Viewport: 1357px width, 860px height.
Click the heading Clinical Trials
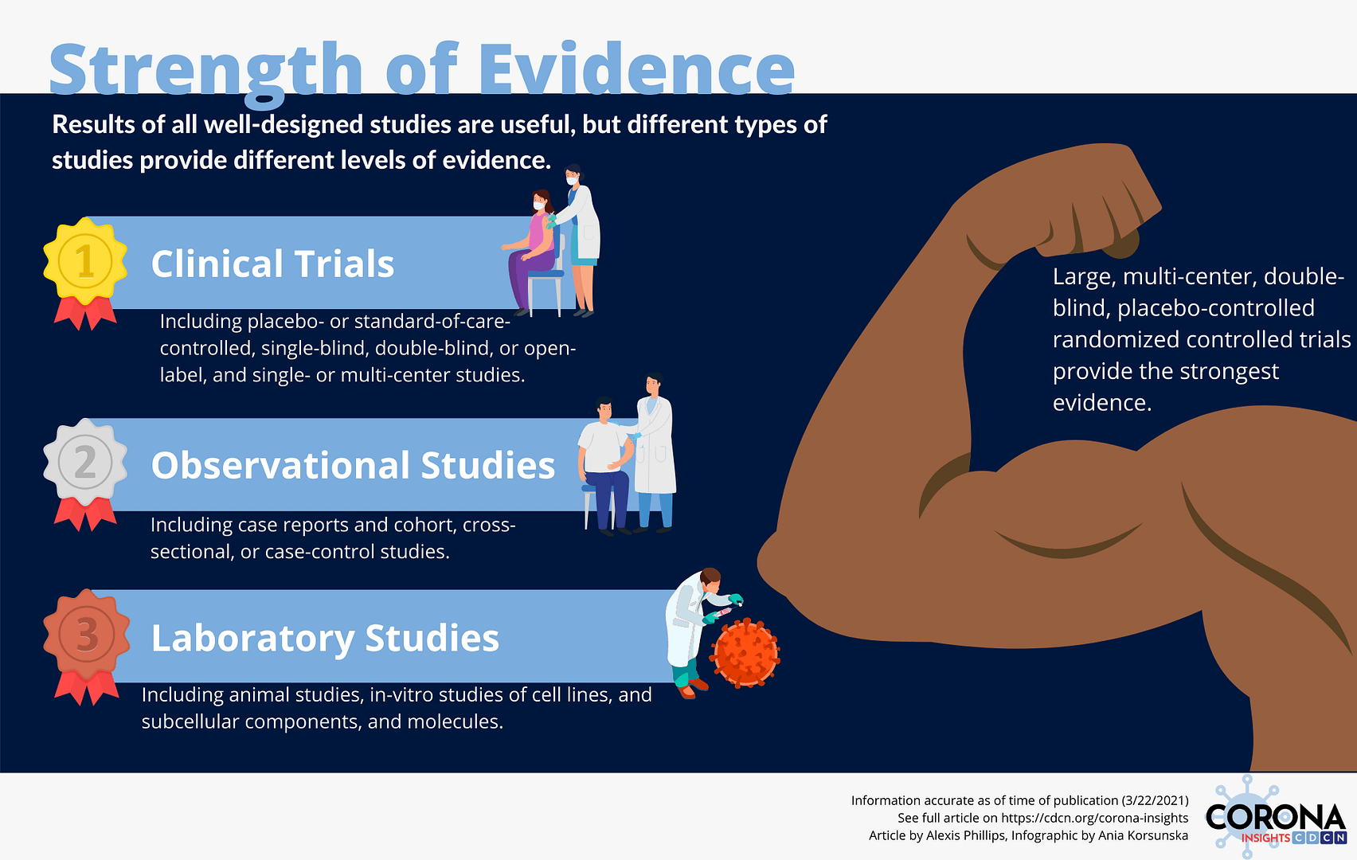point(272,264)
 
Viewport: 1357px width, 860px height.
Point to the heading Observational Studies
point(353,465)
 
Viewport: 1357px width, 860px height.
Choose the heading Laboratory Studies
point(325,639)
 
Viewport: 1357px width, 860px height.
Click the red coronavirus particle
point(745,653)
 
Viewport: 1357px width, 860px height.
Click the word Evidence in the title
point(636,69)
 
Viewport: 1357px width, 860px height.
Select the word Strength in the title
point(206,72)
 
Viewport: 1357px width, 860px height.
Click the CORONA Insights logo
point(1276,818)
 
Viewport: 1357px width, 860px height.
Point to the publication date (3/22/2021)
point(1155,800)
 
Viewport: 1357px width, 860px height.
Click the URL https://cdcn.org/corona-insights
point(1094,819)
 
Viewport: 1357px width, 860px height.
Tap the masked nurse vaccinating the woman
point(578,240)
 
